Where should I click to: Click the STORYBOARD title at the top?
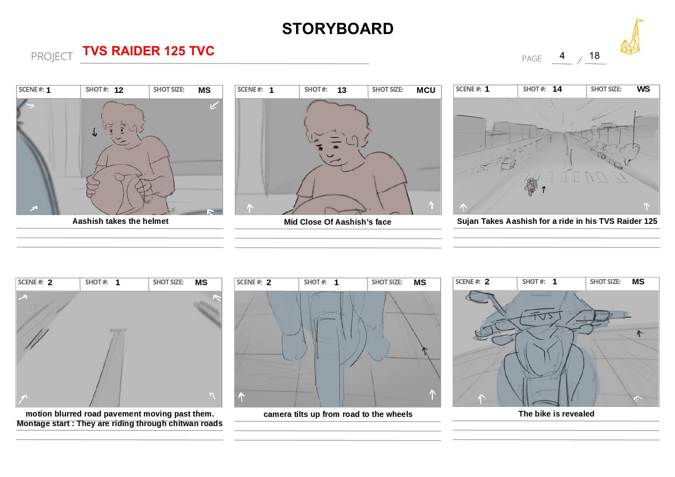337,29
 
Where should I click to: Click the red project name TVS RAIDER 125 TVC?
148,51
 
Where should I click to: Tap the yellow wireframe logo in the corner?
631,37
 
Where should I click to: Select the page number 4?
562,56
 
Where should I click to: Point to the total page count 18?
594,56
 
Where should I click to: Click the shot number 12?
119,90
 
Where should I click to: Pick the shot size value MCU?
426,90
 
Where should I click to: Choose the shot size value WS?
643,89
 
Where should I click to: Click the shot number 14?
557,89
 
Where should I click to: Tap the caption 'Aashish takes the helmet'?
120,221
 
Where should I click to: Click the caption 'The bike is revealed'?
556,414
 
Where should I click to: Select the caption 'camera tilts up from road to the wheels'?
338,415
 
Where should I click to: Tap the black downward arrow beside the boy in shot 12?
95,132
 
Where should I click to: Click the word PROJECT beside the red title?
52,56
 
